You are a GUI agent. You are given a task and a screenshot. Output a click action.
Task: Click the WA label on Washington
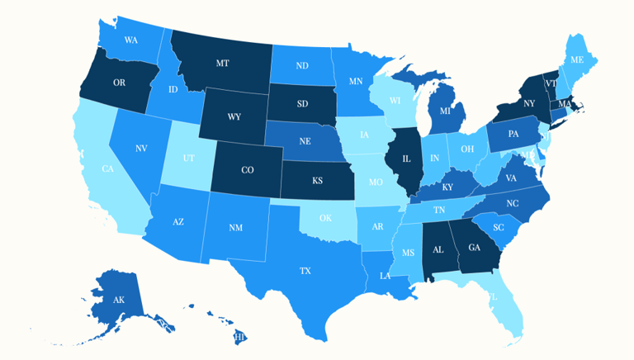click(131, 40)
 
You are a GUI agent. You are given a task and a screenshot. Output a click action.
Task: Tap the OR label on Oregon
click(118, 83)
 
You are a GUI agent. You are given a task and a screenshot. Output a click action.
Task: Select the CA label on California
click(107, 168)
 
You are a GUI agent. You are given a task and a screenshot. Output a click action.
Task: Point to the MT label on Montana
click(222, 63)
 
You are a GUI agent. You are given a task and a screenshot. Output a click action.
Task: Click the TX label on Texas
click(305, 270)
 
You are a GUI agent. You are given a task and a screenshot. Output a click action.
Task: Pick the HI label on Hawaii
click(240, 337)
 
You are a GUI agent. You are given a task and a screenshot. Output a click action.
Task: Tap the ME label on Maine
click(578, 59)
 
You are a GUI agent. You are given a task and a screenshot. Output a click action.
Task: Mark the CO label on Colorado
click(247, 170)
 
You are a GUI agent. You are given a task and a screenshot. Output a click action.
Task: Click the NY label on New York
click(529, 103)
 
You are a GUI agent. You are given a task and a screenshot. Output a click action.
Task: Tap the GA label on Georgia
click(474, 247)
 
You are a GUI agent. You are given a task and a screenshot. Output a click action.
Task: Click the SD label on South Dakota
click(302, 103)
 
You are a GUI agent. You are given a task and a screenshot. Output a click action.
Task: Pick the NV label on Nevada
click(141, 149)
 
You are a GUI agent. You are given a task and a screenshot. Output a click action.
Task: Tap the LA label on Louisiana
click(386, 276)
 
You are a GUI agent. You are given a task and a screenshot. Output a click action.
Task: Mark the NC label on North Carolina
click(513, 202)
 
